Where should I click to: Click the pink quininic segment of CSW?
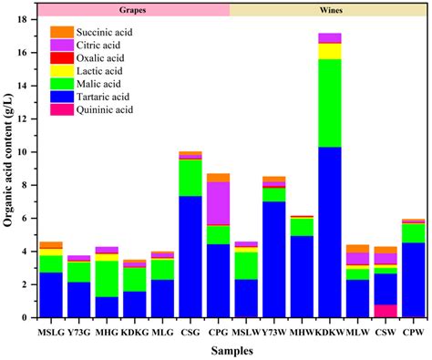386,311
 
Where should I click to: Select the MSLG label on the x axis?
50,330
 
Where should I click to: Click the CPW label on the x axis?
414,330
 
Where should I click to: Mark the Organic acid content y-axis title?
11,168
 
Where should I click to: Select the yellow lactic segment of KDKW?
329,51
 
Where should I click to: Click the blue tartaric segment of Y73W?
273,259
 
